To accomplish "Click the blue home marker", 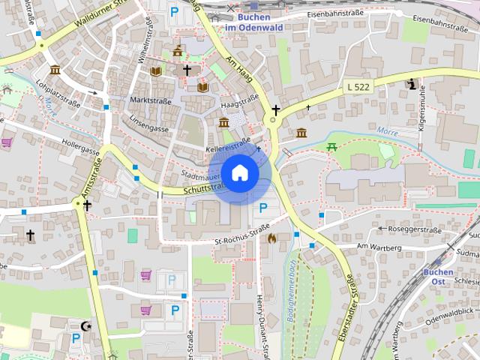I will [x=239, y=173].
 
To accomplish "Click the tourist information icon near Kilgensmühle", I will [x=411, y=84].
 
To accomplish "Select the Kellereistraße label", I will [x=228, y=146].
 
